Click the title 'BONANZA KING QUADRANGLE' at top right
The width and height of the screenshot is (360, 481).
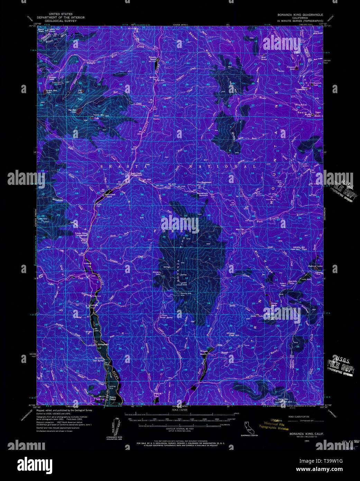[300, 15]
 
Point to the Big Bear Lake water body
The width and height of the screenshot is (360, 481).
[79, 111]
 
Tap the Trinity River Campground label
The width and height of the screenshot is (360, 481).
[81, 234]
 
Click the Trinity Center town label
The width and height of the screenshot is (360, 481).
[112, 399]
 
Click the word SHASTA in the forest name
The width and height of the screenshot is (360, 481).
[111, 166]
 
